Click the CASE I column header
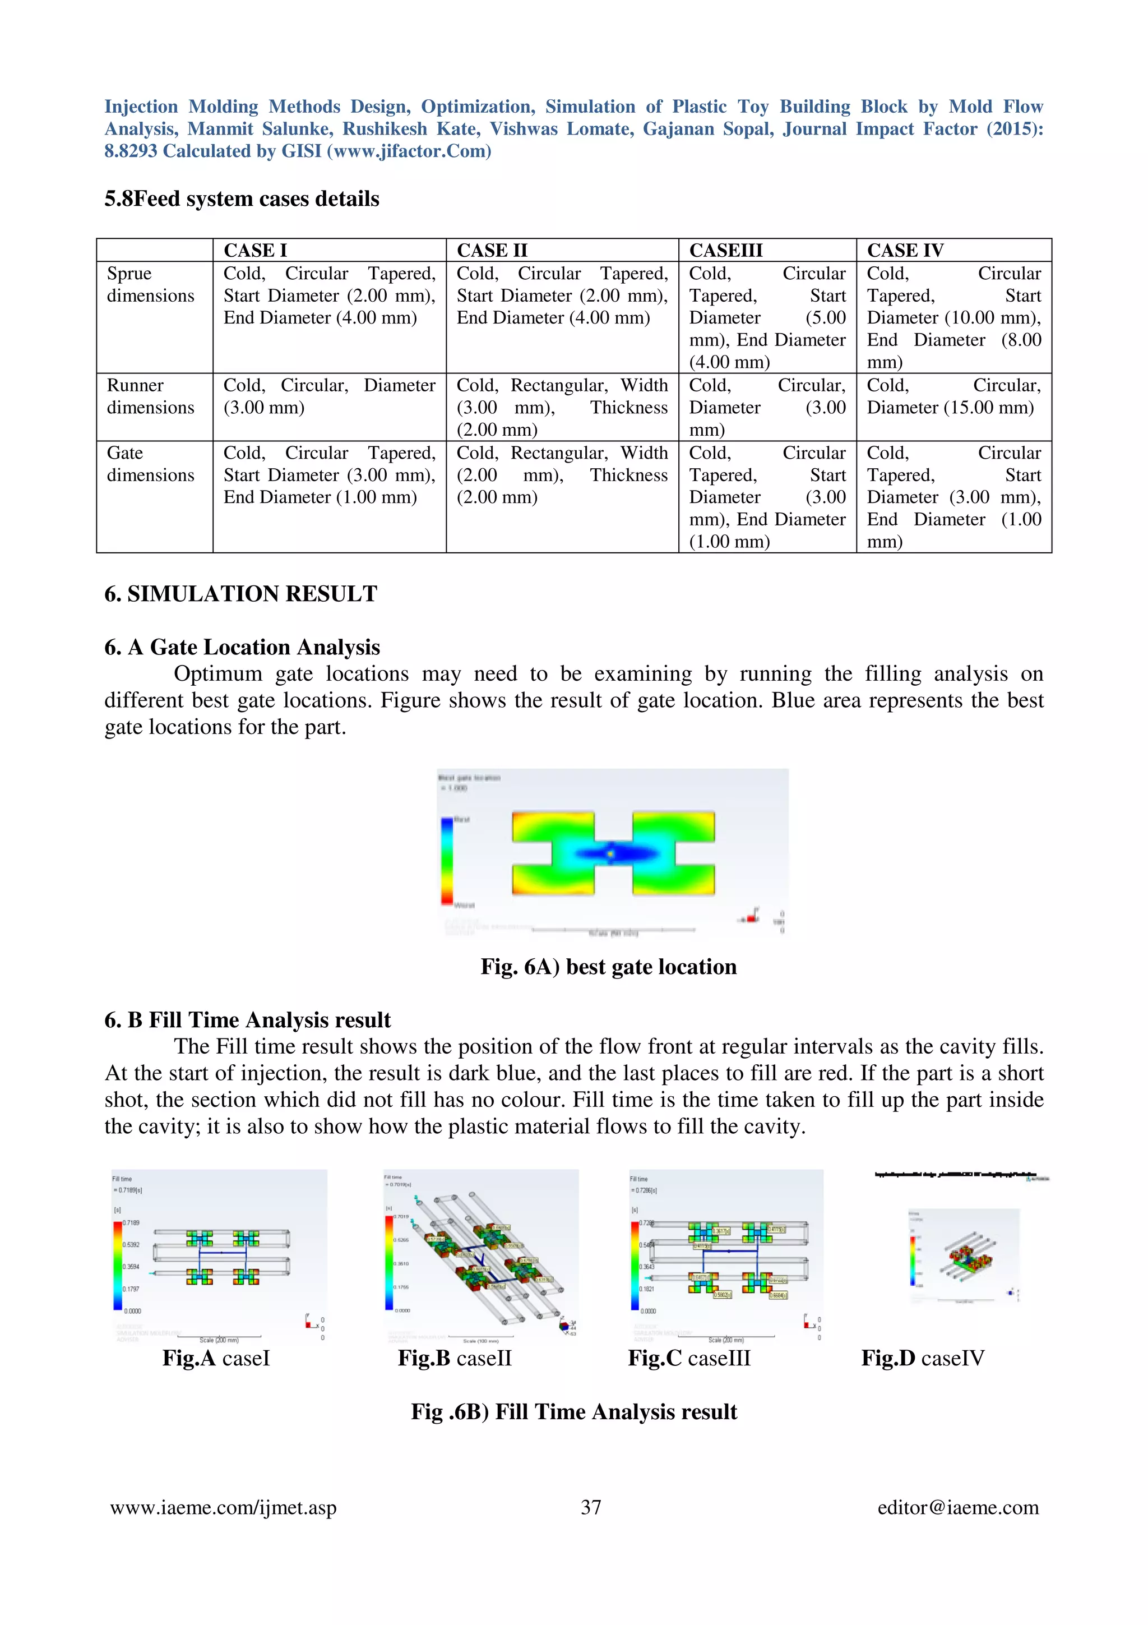pos(256,251)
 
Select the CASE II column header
pos(492,251)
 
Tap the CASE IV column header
pos(905,251)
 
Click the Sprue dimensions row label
pos(150,284)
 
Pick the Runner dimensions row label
pos(150,396)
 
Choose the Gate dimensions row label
pos(150,464)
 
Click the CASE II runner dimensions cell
pos(562,407)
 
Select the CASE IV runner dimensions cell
pos(953,396)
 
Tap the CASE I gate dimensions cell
pos(329,475)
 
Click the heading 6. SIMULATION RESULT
pos(240,594)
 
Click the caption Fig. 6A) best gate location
pos(608,967)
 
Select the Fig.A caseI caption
pos(216,1358)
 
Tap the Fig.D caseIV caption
pos(922,1358)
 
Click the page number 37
pos(591,1507)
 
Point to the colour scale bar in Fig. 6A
pos(447,861)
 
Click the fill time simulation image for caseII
pos(481,1255)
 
